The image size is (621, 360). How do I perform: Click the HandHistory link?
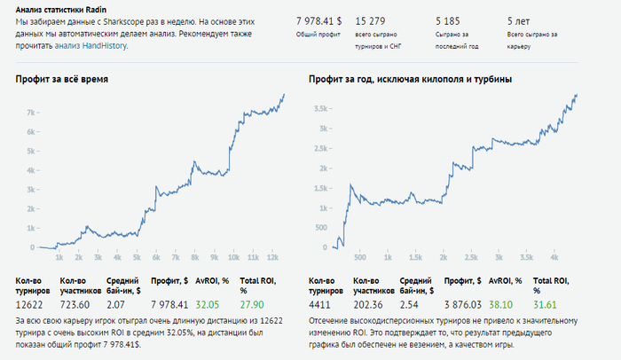pyautogui.click(x=103, y=45)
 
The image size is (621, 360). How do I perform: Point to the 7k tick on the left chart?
pyautogui.click(x=29, y=113)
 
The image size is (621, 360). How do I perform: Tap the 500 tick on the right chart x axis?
pyautogui.click(x=359, y=258)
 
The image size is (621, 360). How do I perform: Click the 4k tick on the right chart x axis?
pyautogui.click(x=553, y=258)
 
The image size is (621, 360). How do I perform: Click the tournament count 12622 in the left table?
pyautogui.click(x=29, y=304)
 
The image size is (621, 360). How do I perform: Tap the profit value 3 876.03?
pyautogui.click(x=462, y=304)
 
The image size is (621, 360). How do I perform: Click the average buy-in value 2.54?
pyautogui.click(x=410, y=304)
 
